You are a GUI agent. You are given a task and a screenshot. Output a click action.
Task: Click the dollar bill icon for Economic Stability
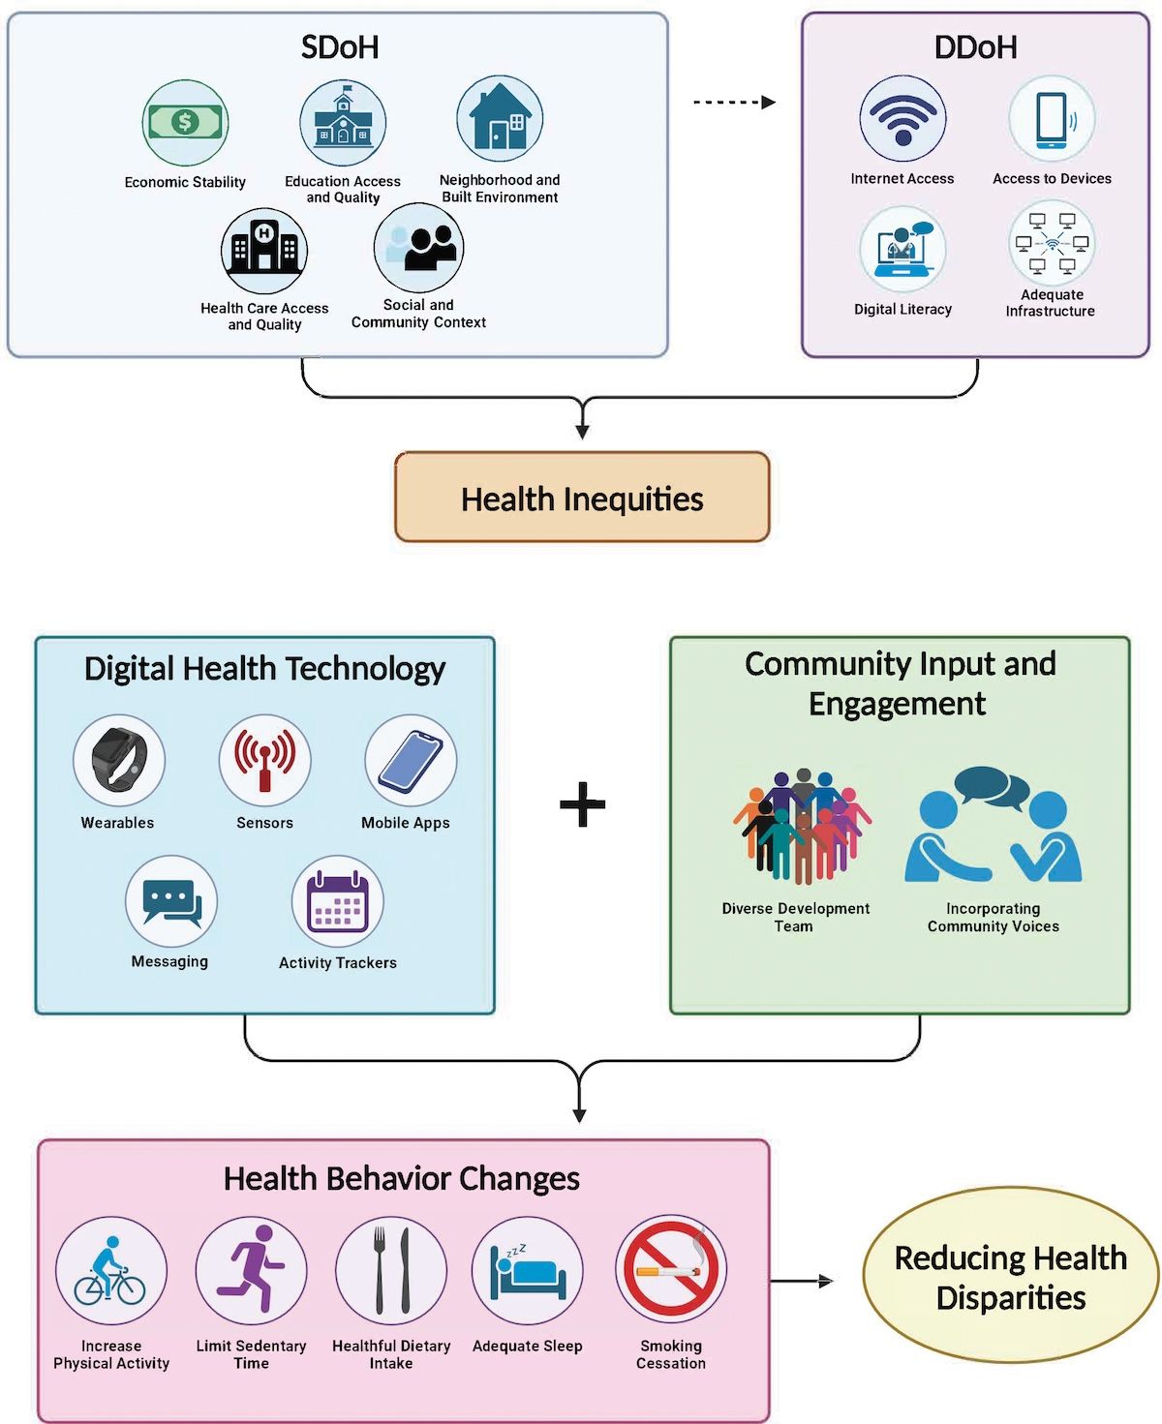click(185, 123)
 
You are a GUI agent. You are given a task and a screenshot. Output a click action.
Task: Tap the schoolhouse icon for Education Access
click(343, 123)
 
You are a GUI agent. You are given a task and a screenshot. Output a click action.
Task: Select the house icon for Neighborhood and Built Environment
click(500, 120)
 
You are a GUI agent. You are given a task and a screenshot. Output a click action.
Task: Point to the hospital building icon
click(264, 251)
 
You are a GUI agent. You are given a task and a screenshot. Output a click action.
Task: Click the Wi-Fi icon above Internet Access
click(902, 119)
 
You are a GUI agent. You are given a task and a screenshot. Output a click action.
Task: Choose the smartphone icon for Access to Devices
click(1052, 119)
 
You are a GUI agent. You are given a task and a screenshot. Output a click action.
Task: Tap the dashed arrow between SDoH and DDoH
click(734, 103)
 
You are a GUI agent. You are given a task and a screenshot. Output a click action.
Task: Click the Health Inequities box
click(582, 498)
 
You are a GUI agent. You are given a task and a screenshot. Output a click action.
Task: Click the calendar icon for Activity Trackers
click(338, 901)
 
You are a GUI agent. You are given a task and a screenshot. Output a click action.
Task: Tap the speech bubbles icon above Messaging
click(171, 901)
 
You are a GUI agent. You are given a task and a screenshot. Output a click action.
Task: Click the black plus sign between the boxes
click(583, 804)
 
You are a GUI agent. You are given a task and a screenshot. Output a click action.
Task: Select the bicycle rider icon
click(111, 1271)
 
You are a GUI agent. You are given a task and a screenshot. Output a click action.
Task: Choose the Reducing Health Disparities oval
click(1011, 1277)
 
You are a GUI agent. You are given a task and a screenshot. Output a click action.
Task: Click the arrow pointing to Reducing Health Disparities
click(802, 1282)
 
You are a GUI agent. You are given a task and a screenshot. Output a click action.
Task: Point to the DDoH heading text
click(975, 47)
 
